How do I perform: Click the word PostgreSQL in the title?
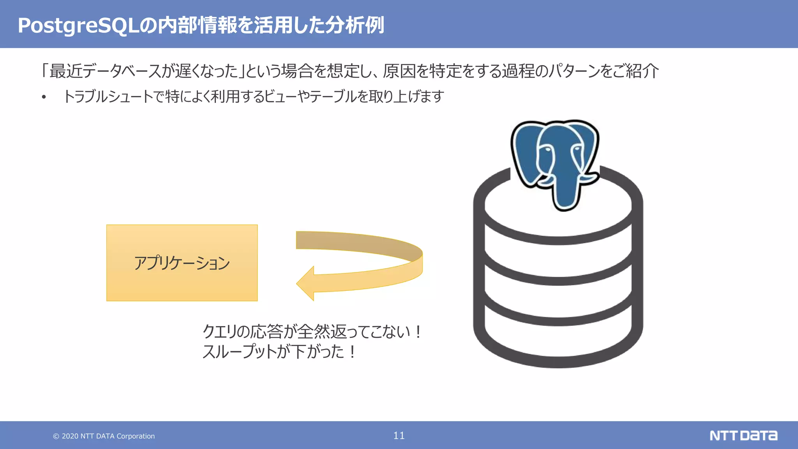[x=78, y=26]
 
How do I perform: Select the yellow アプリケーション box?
[x=182, y=263]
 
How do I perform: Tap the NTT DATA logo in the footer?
[x=743, y=435]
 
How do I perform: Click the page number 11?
[x=399, y=435]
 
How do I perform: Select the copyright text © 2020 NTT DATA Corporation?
[x=104, y=436]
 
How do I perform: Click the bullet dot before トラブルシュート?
[x=44, y=97]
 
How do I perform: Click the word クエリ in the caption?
[x=219, y=332]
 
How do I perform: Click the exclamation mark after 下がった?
[x=352, y=352]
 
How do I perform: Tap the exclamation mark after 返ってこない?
[x=418, y=332]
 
